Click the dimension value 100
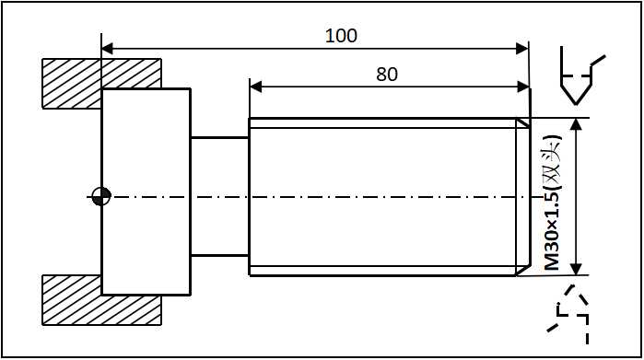[x=341, y=36]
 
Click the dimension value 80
[x=387, y=75]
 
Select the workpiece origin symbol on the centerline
[x=101, y=195]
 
